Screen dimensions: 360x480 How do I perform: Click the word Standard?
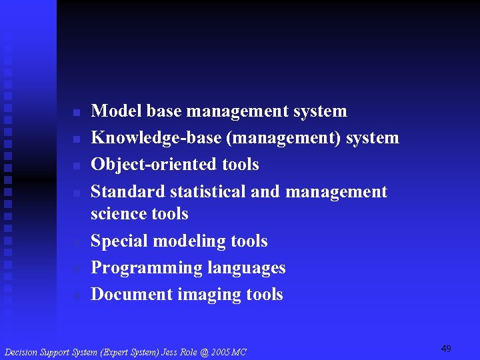pyautogui.click(x=128, y=192)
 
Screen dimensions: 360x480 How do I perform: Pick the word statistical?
pyautogui.click(x=208, y=192)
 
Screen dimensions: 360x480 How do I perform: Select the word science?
pyautogui.click(x=120, y=214)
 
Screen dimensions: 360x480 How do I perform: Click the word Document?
pyautogui.click(x=131, y=294)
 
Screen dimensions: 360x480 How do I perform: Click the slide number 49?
pyautogui.click(x=446, y=349)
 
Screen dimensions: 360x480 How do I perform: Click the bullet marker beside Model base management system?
pyautogui.click(x=77, y=111)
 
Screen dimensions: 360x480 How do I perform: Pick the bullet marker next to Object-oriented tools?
pyautogui.click(x=77, y=165)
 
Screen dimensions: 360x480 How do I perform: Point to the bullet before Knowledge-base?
pyautogui.click(x=77, y=139)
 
